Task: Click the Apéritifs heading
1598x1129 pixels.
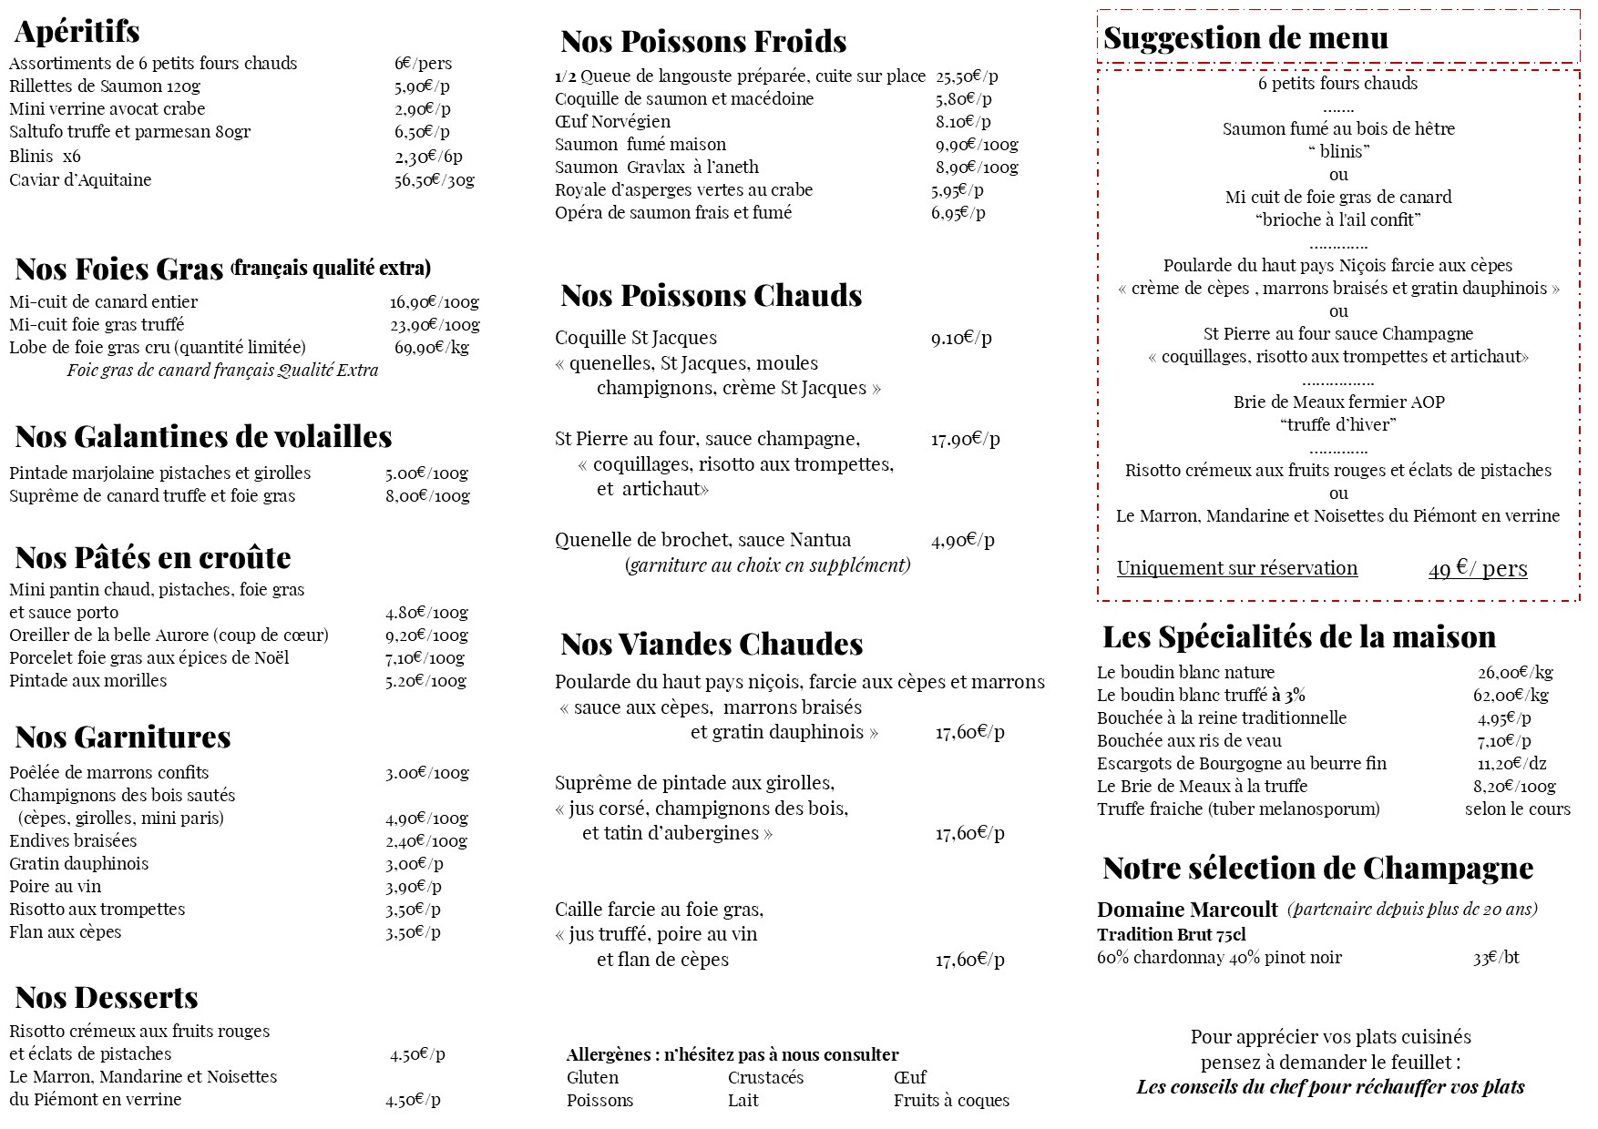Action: coord(77,32)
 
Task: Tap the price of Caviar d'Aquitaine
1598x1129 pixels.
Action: coord(434,180)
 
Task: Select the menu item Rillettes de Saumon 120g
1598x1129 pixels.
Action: coord(105,86)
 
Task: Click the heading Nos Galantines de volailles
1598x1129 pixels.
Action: coord(203,437)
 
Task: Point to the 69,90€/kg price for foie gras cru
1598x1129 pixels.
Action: coord(431,347)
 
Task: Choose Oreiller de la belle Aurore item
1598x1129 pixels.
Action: coord(169,636)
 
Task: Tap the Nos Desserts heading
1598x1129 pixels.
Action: coord(107,998)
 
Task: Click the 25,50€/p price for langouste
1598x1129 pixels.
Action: coord(967,76)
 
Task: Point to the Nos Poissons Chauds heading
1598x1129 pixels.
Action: coord(711,296)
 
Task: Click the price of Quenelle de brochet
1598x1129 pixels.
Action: coord(962,540)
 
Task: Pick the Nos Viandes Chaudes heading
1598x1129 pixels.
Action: coord(712,645)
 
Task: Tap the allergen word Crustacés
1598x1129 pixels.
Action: coord(765,1078)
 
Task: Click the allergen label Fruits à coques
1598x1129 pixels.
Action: coord(951,1101)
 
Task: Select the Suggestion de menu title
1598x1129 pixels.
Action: coord(1245,38)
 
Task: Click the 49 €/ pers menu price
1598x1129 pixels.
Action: coord(1477,569)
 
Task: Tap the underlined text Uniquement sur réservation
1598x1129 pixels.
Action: coord(1236,568)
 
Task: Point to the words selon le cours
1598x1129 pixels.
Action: coord(1517,809)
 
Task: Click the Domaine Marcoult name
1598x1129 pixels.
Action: coord(1187,910)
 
